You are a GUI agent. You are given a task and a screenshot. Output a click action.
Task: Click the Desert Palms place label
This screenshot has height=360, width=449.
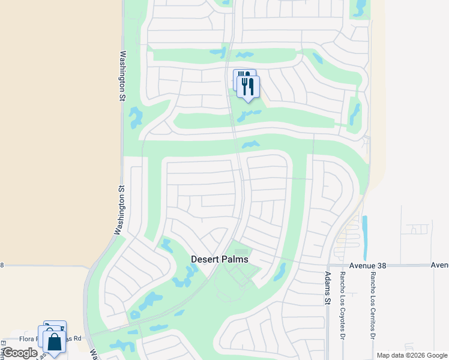point(219,259)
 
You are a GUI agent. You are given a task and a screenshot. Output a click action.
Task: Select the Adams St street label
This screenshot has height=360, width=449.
point(328,287)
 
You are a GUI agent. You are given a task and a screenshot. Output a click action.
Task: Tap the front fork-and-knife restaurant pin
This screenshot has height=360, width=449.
point(248,86)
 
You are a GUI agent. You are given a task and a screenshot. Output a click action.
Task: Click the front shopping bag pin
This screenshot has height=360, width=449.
point(54,343)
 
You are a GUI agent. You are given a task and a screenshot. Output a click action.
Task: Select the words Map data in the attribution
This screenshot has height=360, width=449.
point(390,355)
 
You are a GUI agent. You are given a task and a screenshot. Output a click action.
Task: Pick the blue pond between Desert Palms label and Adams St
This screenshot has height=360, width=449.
point(279,272)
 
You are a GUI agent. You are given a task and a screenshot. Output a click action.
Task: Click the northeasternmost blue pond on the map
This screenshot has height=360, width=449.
point(360,7)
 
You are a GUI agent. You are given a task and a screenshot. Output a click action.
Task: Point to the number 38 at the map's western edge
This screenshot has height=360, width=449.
point(2,265)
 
